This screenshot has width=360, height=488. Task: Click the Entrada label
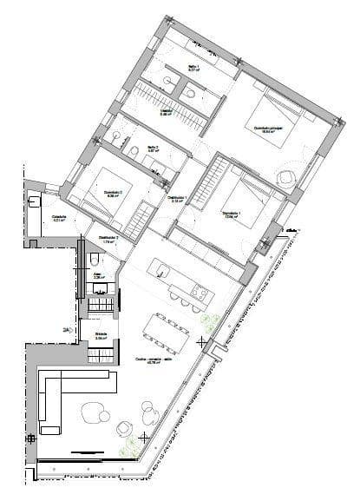(101, 335)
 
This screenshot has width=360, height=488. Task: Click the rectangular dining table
(169, 330)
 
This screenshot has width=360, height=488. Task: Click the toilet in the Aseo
(94, 259)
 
